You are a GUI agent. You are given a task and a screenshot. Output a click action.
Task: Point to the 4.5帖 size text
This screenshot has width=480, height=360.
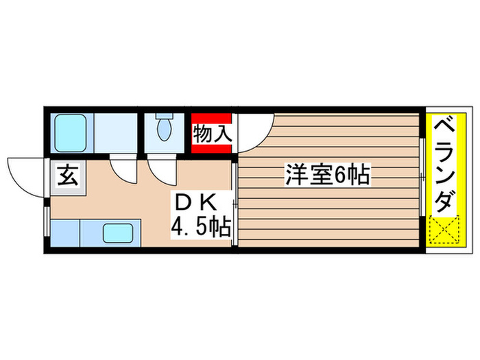pos(200,226)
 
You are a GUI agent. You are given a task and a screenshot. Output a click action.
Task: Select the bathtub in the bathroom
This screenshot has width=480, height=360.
pos(69,131)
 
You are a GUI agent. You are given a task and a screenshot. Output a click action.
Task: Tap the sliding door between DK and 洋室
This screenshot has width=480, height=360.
pos(235,202)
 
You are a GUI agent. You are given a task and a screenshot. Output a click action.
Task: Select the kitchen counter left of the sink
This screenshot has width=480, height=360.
pos(65,233)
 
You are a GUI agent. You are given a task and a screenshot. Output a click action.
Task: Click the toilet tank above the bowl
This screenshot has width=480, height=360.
pos(165,117)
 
